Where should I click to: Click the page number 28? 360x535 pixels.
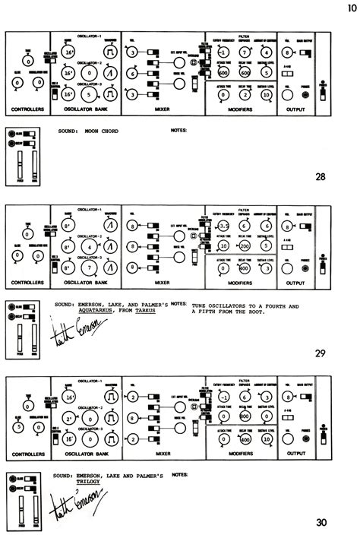(x=321, y=178)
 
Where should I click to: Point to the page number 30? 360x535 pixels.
(x=321, y=521)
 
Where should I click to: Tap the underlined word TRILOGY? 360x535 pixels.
(x=89, y=480)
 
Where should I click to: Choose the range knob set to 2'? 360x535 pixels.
(x=68, y=418)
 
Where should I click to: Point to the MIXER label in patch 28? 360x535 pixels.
(x=161, y=111)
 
